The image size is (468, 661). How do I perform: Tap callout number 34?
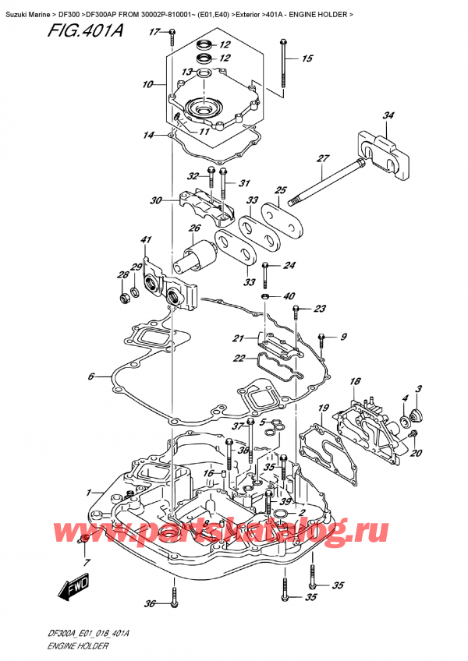pos(388,116)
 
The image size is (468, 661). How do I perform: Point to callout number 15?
pos(307,58)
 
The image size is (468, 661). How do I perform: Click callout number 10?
pos(148,83)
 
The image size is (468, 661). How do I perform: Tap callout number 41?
pos(146,239)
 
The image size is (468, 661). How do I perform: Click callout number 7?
pos(87,562)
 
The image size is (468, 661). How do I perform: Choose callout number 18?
pos(356,382)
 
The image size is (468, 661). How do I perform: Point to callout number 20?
pos(416,453)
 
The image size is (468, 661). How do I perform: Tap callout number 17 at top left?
pos(154,32)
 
